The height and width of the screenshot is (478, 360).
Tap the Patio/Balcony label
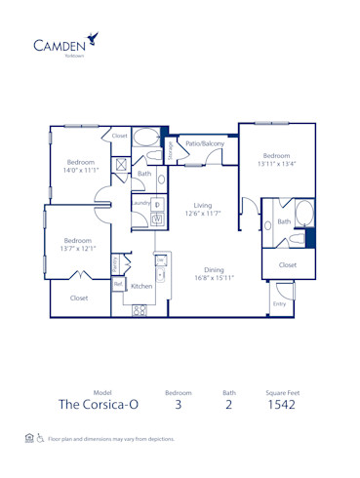206,143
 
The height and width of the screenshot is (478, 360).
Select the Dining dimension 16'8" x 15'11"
215,279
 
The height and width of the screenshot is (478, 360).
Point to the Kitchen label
141,286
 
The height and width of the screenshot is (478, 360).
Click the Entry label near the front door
280,303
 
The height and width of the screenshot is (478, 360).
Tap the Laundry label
140,203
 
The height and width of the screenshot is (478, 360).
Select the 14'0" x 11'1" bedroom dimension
81,171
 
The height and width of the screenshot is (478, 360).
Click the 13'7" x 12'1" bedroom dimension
78,249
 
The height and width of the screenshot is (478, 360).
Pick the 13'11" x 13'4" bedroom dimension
276,164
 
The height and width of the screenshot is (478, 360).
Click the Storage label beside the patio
170,150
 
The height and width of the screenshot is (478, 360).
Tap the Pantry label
115,263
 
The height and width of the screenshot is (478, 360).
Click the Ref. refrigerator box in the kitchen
118,284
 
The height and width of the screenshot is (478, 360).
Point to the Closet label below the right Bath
288,264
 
